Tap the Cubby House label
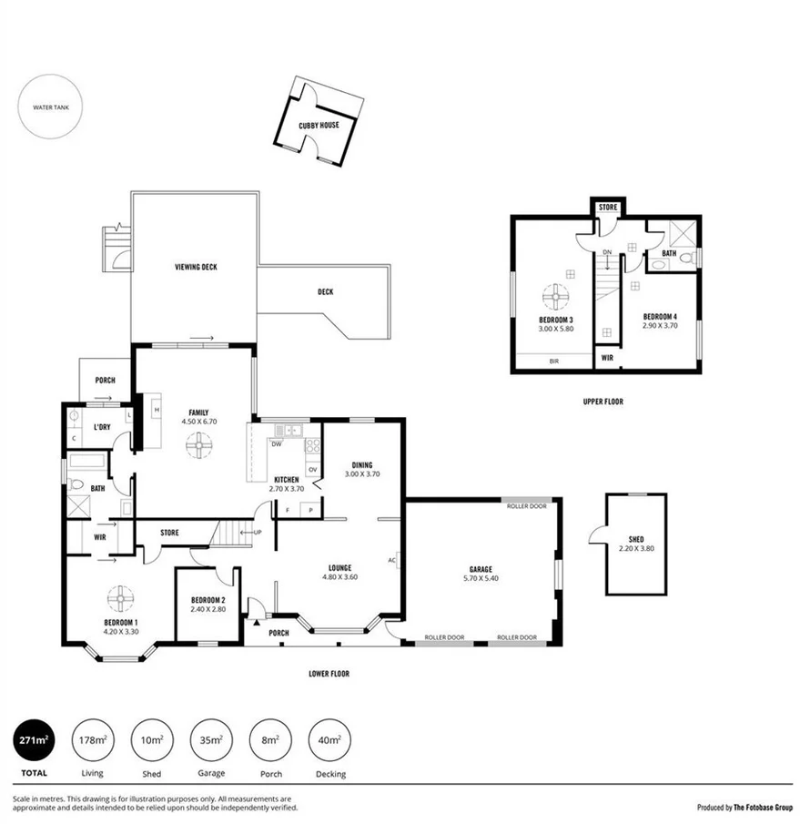tap(319, 125)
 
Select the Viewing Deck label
tap(196, 267)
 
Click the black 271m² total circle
tap(34, 740)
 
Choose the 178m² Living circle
tap(92, 740)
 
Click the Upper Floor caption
tap(603, 401)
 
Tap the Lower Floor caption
tap(329, 674)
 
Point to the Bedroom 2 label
tap(208, 600)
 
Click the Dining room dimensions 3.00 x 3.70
tap(361, 473)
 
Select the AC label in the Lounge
tap(391, 560)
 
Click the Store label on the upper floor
tap(608, 208)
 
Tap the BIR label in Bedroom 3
tap(553, 361)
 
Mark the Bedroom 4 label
tap(660, 317)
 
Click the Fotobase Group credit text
tap(744, 807)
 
